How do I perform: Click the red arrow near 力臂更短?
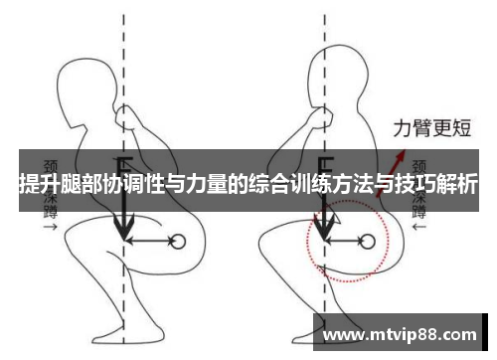(x=391, y=173)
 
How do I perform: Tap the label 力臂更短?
(x=432, y=128)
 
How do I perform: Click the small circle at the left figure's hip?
(x=178, y=242)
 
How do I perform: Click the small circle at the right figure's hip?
(x=367, y=242)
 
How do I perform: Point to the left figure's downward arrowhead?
(x=124, y=227)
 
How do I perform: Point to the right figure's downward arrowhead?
(x=324, y=227)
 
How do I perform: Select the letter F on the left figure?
(x=125, y=165)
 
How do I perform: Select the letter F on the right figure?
(x=325, y=165)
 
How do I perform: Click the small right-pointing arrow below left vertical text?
(x=51, y=227)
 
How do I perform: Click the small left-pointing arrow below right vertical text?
(x=419, y=227)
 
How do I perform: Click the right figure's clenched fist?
(x=322, y=116)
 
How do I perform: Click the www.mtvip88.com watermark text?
(x=400, y=335)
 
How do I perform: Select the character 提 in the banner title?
(x=29, y=183)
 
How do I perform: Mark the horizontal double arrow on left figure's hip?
(x=149, y=241)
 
